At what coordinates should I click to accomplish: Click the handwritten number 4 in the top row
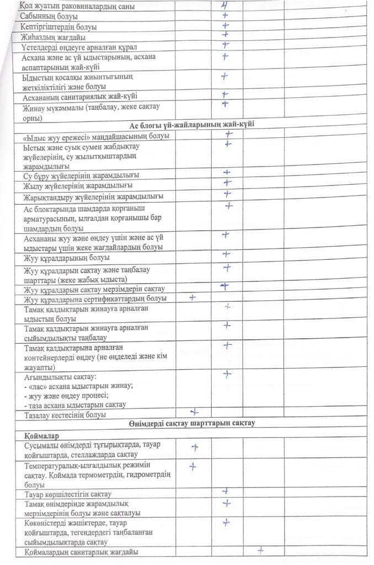click(224, 5)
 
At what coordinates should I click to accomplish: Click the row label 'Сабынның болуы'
click(49, 17)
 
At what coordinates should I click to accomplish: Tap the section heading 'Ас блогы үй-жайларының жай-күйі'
click(191, 125)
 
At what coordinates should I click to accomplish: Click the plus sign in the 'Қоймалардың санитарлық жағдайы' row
click(260, 550)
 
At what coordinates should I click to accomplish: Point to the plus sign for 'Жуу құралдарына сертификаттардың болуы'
click(193, 297)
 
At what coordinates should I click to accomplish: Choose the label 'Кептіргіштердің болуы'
click(58, 26)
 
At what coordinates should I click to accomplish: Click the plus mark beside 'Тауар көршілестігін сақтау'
click(226, 491)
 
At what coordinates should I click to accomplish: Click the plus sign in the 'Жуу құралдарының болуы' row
click(226, 254)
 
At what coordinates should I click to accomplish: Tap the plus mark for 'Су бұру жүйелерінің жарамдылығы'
click(226, 173)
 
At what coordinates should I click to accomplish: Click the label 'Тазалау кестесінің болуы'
click(65, 414)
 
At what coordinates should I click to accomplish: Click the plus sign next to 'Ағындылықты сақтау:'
click(227, 374)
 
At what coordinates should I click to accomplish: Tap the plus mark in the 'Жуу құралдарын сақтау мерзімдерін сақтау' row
click(225, 286)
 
